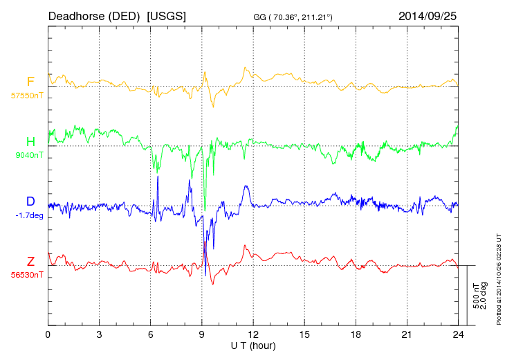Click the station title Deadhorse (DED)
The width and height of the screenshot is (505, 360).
click(95, 15)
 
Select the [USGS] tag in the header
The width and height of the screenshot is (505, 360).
click(166, 15)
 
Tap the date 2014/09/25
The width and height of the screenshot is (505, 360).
click(428, 15)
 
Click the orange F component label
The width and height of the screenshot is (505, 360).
click(30, 82)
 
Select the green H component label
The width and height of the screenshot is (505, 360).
click(30, 142)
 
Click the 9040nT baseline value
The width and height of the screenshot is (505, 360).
click(29, 156)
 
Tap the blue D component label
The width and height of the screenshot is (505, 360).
click(30, 201)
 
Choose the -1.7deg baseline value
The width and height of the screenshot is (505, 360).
click(29, 215)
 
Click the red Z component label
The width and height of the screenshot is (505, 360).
click(30, 262)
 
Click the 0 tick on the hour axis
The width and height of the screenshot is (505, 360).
click(48, 334)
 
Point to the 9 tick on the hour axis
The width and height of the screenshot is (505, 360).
click(201, 334)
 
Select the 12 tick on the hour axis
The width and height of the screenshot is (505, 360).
click(252, 334)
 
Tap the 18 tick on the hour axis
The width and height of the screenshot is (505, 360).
click(356, 334)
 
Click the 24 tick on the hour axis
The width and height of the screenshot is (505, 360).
click(458, 334)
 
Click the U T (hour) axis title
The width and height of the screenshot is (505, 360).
click(253, 345)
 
